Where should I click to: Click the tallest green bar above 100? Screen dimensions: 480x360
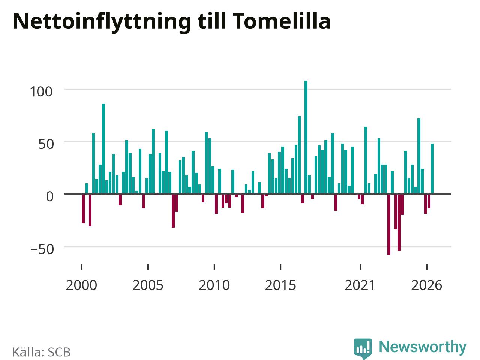[306, 137]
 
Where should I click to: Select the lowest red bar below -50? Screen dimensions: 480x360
[389, 224]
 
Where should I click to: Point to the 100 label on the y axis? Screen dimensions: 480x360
[41, 91]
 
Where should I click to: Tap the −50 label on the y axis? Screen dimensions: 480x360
[42, 249]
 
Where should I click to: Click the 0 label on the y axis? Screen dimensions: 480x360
[49, 196]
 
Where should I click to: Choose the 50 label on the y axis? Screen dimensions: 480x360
[46, 144]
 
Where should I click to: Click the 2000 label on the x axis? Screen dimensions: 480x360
[81, 285]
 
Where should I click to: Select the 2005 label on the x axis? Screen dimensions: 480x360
[148, 285]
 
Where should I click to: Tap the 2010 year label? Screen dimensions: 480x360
[214, 285]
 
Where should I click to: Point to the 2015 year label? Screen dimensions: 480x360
[280, 285]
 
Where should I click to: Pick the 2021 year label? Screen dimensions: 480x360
[360, 285]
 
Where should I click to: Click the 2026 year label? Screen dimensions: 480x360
[427, 285]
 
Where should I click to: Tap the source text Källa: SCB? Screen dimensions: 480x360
[41, 352]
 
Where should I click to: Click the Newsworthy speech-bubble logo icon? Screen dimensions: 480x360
[363, 348]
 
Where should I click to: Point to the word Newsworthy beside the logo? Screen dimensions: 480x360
[423, 347]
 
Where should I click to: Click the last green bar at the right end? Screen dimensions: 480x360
[432, 168]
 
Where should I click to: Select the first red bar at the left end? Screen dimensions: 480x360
[83, 208]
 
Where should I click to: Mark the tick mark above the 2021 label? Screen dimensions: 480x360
[360, 267]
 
